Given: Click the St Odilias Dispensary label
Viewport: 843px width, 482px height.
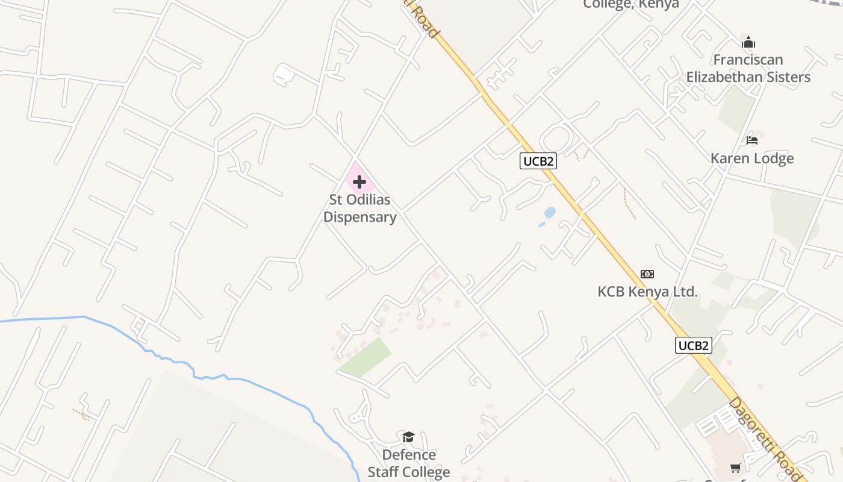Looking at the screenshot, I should (x=360, y=208).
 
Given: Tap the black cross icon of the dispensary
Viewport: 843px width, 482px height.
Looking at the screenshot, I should (x=359, y=182).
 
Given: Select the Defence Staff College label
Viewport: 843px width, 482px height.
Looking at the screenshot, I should (x=409, y=463).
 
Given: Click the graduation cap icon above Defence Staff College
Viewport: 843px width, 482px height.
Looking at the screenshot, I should (x=409, y=437).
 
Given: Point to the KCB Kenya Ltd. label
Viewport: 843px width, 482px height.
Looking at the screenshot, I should (x=647, y=292).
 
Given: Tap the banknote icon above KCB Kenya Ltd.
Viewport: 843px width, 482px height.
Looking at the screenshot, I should (x=647, y=274).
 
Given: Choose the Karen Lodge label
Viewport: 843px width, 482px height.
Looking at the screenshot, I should (x=752, y=158).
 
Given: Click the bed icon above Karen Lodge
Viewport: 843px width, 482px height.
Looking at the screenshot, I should (x=752, y=140).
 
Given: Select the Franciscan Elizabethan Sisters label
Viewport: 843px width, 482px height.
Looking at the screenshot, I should (x=748, y=69).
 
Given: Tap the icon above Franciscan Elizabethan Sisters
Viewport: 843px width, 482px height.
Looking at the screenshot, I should (x=748, y=43).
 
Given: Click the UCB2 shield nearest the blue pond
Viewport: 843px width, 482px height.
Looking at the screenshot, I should (x=538, y=161).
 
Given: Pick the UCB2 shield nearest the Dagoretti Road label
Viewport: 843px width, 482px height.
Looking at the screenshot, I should (x=694, y=345).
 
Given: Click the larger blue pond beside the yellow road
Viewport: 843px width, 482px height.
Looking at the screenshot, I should (x=550, y=213).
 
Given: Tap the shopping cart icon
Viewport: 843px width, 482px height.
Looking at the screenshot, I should (x=735, y=468).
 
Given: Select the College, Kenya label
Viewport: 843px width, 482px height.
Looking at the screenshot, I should (x=631, y=5).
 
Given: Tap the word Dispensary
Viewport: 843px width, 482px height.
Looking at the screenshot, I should (x=360, y=218).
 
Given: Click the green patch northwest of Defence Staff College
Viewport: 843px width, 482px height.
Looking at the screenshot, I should (x=364, y=357).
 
